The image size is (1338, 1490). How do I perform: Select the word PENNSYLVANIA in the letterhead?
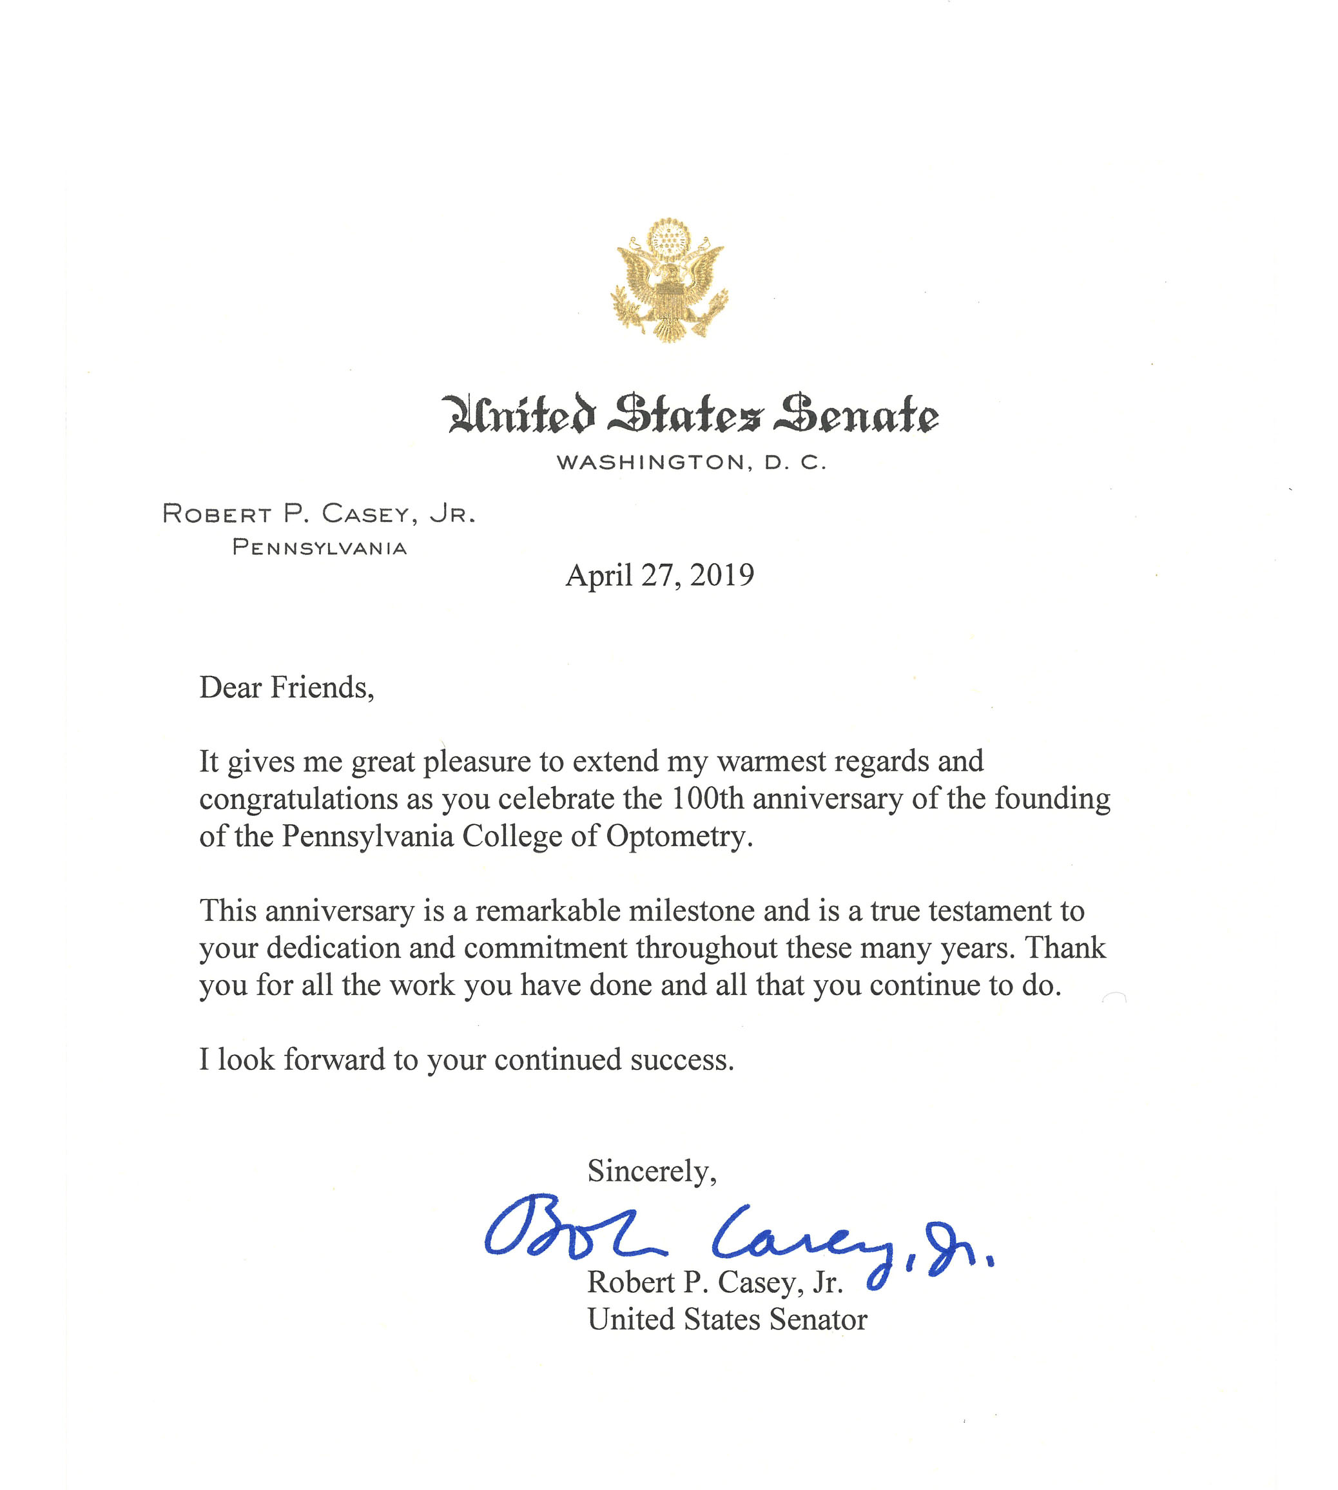point(319,548)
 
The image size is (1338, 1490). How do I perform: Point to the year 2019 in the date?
point(722,576)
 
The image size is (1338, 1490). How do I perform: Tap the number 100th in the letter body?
point(708,799)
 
